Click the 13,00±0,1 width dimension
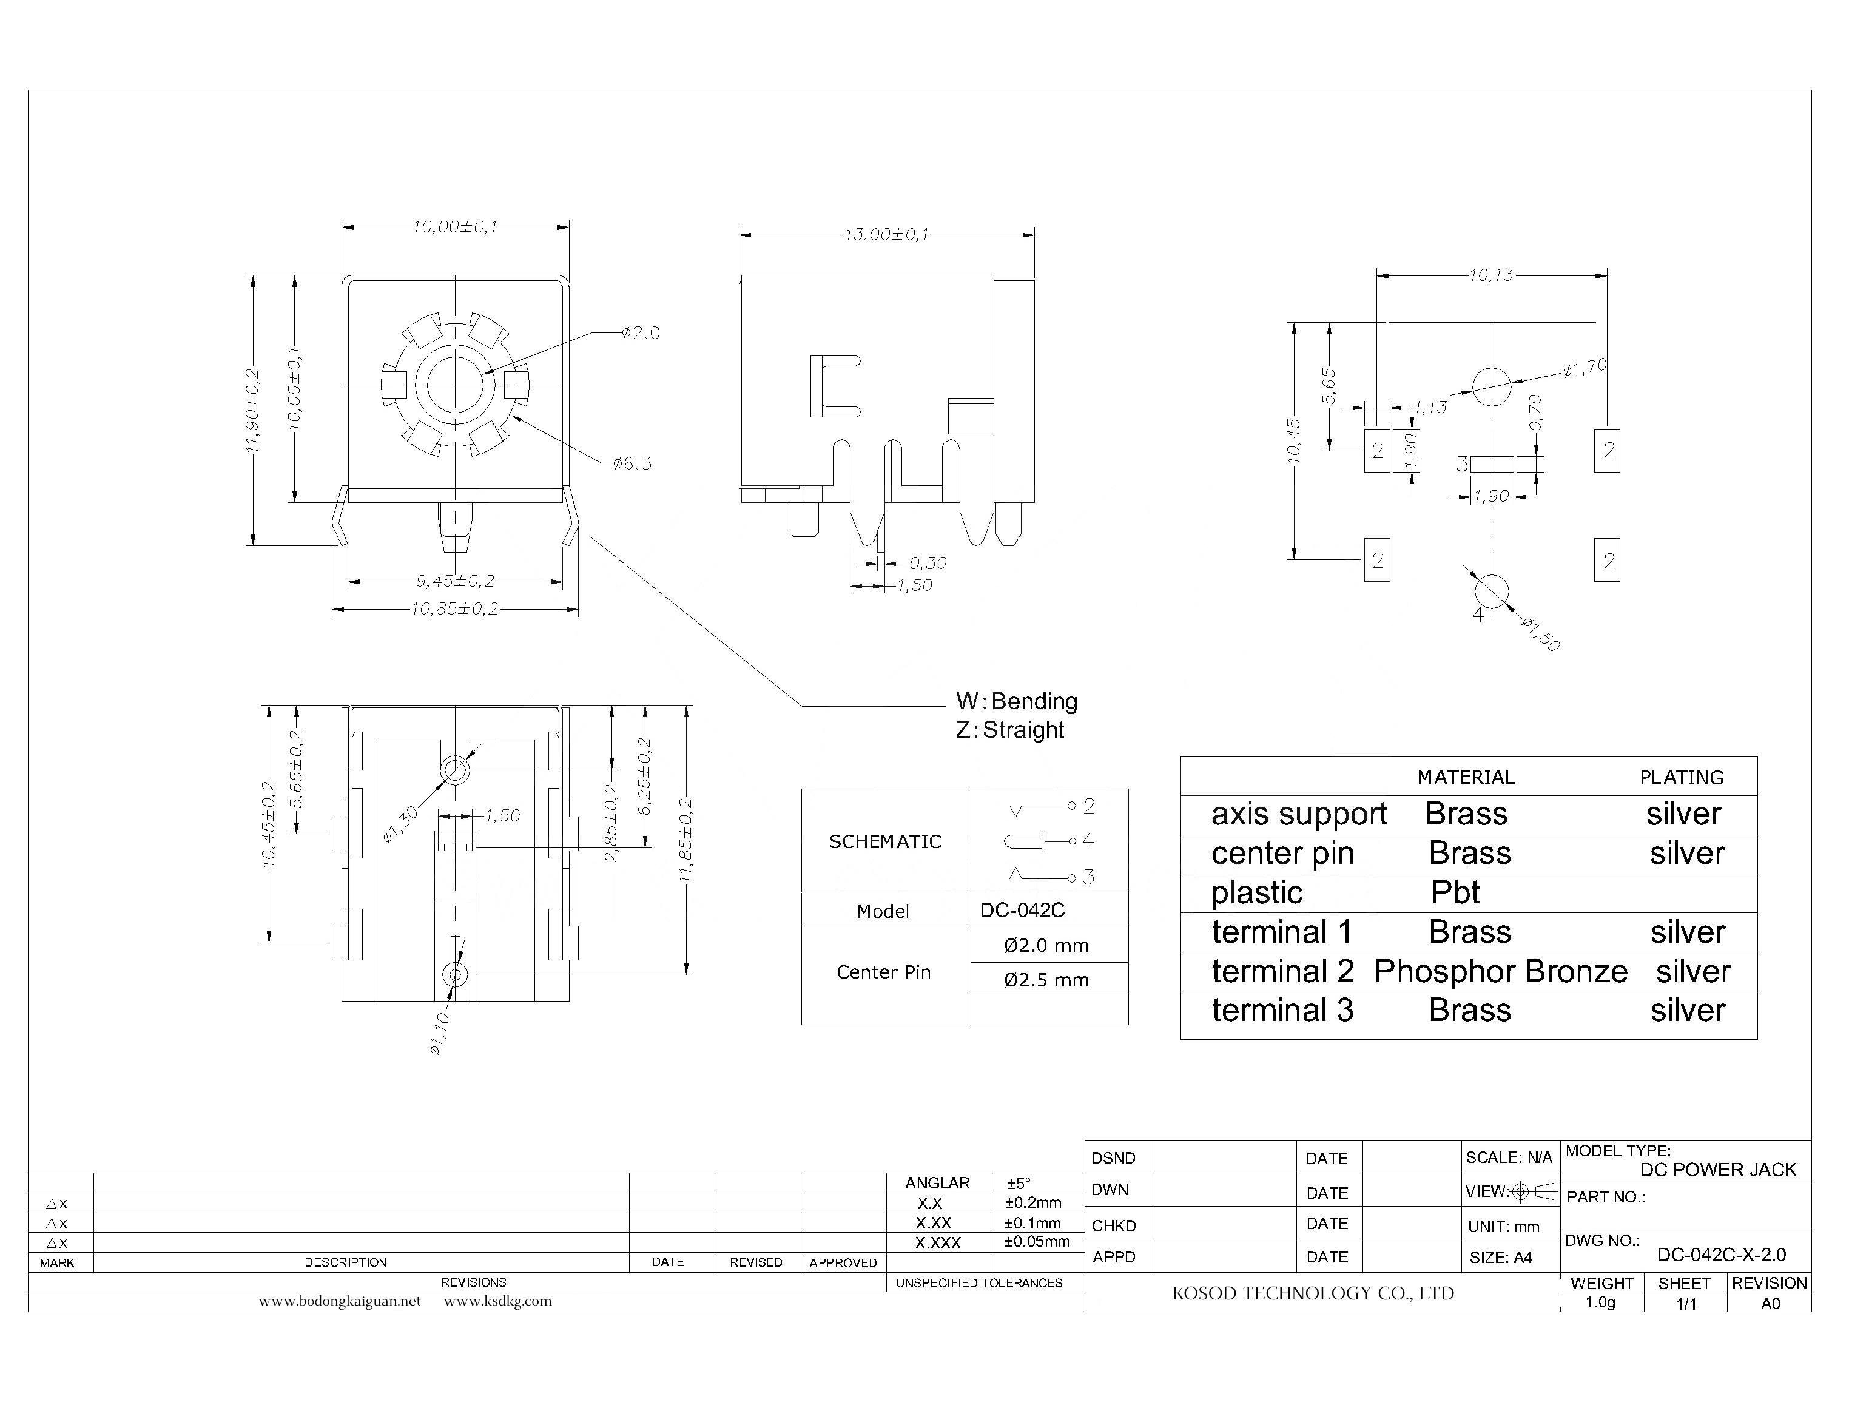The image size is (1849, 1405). pos(886,235)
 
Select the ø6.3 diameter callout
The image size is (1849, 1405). pos(631,463)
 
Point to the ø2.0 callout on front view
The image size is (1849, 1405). pos(641,333)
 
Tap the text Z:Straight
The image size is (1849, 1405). pos(1009,730)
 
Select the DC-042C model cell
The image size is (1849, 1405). pos(1022,910)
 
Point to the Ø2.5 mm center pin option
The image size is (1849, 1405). pos(1046,980)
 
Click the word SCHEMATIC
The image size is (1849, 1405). pos(885,841)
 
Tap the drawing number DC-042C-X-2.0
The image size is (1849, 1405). pos(1721,1255)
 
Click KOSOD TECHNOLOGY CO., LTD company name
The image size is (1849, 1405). pos(1313,1294)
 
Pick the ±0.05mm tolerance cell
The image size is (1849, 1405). pos(1037,1242)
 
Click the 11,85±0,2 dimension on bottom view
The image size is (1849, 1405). pos(685,840)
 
